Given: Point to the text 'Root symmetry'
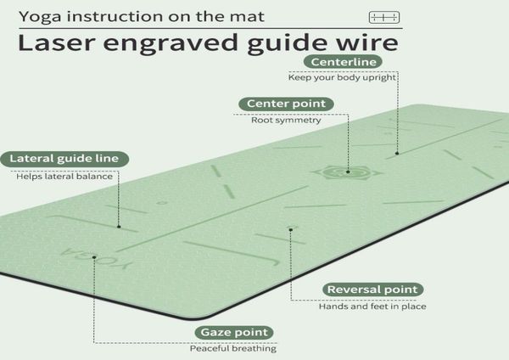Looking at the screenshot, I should [274, 121].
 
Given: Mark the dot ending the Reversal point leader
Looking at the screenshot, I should [291, 228].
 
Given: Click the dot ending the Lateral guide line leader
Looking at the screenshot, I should [120, 227].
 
